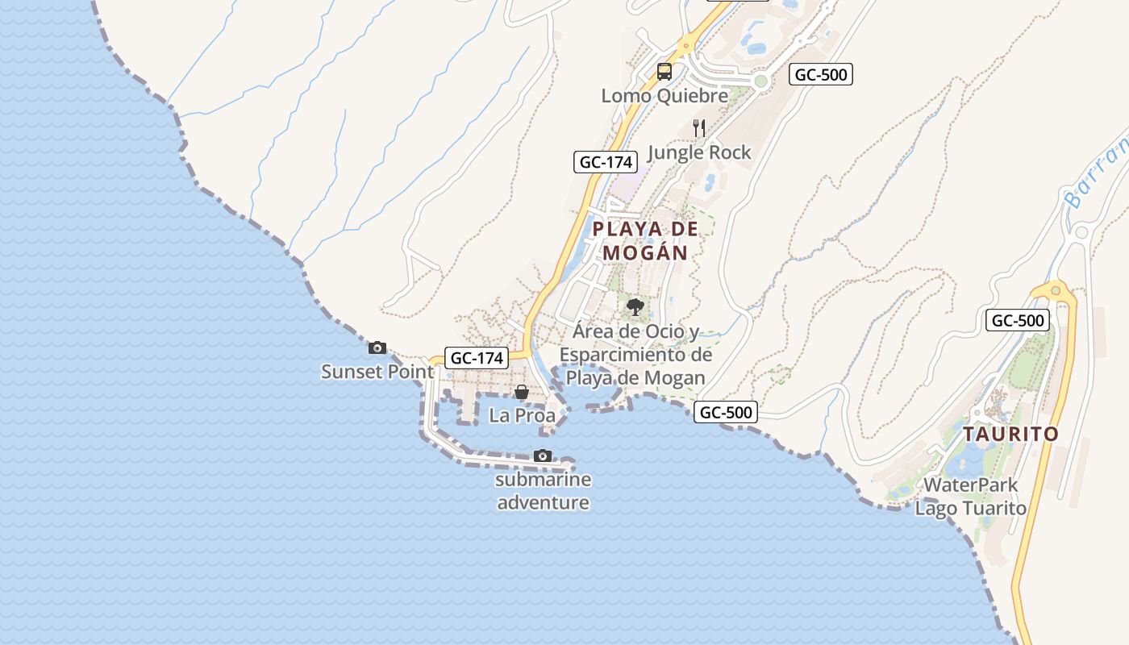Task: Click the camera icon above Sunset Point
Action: pyautogui.click(x=377, y=348)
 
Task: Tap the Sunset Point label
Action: pyautogui.click(x=377, y=372)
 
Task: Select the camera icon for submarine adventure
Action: pyautogui.click(x=543, y=456)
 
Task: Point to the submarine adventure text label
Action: pyautogui.click(x=544, y=491)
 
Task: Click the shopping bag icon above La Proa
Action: pyautogui.click(x=522, y=393)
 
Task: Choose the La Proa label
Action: pyautogui.click(x=523, y=416)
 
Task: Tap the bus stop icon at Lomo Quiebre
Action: pyautogui.click(x=664, y=72)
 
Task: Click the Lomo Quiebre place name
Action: pyautogui.click(x=664, y=96)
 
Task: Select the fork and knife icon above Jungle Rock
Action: pyautogui.click(x=699, y=128)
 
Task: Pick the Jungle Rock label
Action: pyautogui.click(x=699, y=152)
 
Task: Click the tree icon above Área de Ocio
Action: pyautogui.click(x=635, y=307)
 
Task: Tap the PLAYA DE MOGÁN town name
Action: pyautogui.click(x=645, y=240)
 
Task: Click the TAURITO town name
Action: pyautogui.click(x=1010, y=434)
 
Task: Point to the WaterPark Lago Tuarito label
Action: pyautogui.click(x=971, y=497)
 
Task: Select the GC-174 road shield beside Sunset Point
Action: pyautogui.click(x=477, y=358)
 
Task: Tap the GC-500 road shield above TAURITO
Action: pyautogui.click(x=1018, y=320)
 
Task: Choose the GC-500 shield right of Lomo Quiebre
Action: pyautogui.click(x=820, y=75)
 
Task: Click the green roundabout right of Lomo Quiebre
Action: pyautogui.click(x=760, y=81)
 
